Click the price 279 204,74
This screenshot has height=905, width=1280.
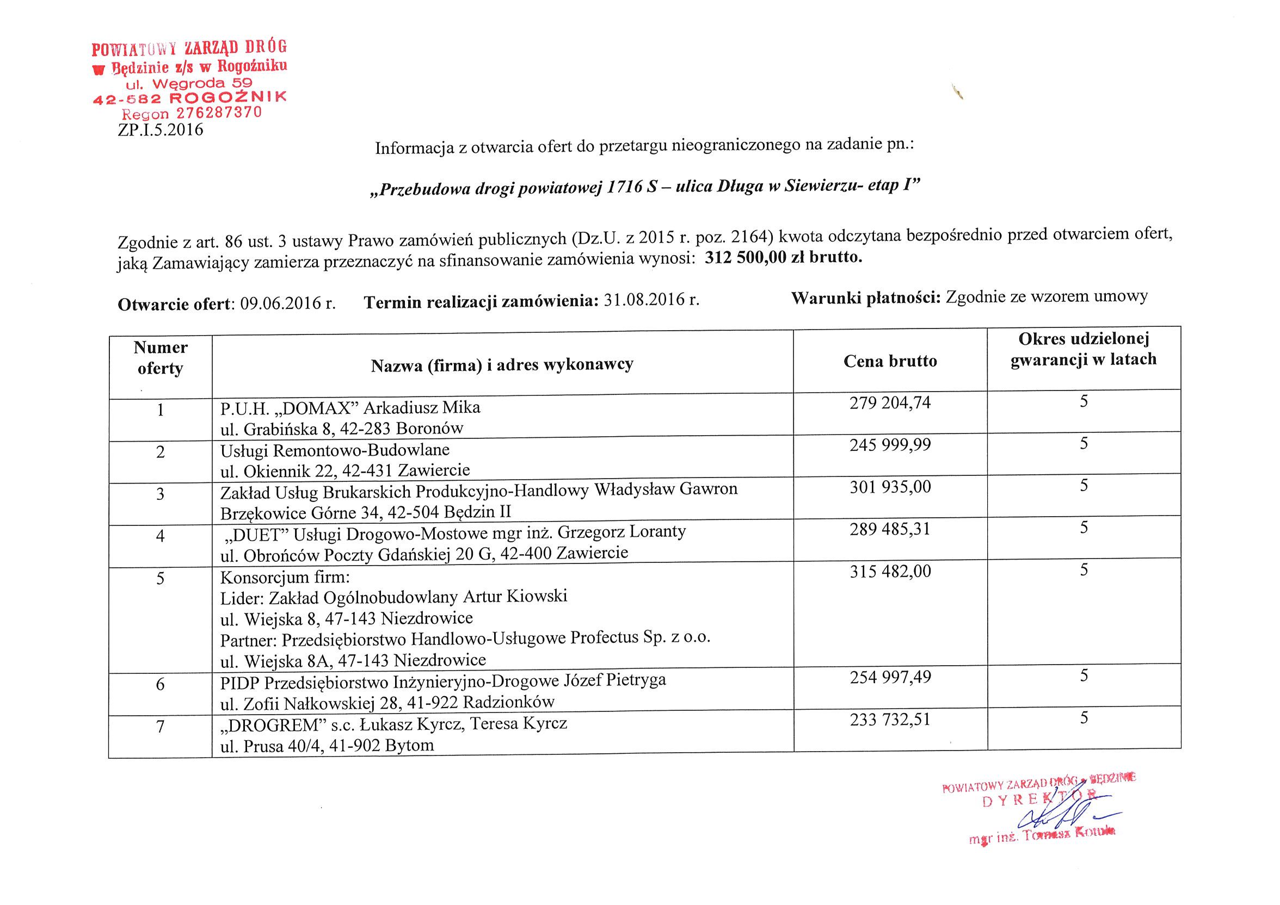[x=890, y=403]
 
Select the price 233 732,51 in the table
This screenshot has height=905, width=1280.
[x=890, y=720]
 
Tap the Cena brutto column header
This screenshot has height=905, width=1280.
[x=890, y=361]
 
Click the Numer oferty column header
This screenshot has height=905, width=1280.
[x=161, y=358]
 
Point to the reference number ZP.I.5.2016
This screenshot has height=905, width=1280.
[x=161, y=131]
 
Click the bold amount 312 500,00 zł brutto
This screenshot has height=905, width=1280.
[x=783, y=257]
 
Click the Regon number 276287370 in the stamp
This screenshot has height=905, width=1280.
[x=219, y=113]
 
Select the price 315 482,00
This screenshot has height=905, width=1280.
[x=890, y=572]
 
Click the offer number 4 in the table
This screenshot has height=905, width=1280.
[x=161, y=536]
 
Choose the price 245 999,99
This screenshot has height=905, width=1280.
[x=890, y=445]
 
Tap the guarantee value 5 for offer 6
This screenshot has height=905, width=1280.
[x=1084, y=676]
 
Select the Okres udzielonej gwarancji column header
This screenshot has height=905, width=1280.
[x=1083, y=349]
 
